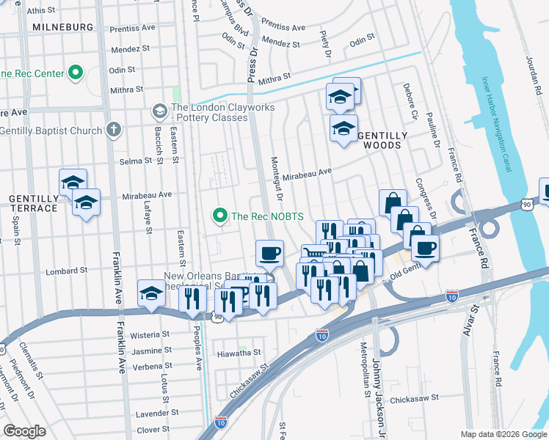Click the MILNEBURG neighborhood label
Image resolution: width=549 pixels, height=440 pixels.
(62, 27)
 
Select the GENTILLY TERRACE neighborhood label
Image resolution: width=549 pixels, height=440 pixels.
(33, 203)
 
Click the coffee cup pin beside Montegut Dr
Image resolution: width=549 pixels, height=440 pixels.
(269, 254)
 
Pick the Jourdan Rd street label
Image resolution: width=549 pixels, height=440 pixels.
(533, 55)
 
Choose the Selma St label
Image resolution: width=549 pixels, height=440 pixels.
(134, 161)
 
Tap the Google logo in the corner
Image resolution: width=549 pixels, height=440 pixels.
(24, 431)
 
